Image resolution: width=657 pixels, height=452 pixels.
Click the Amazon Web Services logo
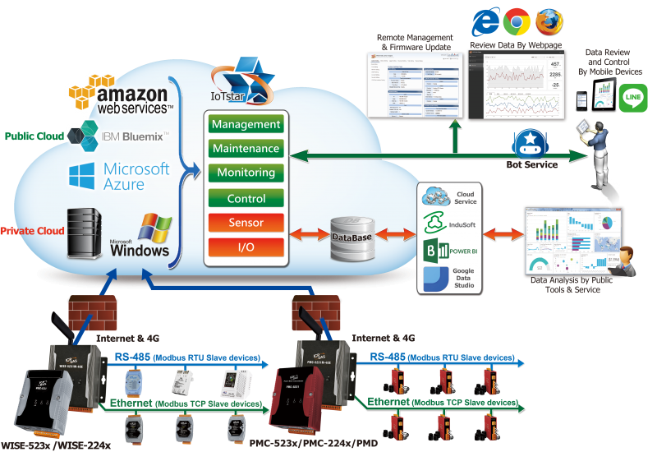point(123,95)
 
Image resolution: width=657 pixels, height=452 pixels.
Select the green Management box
point(246,124)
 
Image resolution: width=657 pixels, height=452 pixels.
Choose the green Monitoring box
point(246,173)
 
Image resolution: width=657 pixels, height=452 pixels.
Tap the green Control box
point(246,198)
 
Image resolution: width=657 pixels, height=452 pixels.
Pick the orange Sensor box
point(246,222)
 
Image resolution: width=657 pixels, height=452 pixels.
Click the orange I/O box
point(246,247)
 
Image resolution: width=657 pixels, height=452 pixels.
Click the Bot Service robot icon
point(531,142)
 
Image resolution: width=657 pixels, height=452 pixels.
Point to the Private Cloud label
point(33,231)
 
